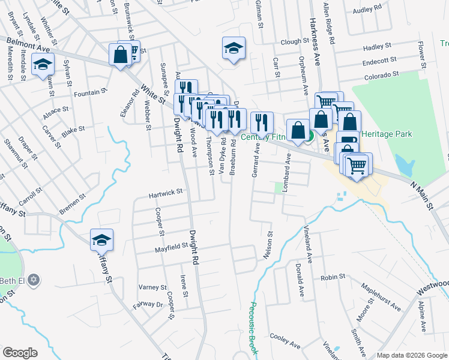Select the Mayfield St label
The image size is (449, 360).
172,247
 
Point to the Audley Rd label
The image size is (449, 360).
368,10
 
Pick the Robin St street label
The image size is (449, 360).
333,277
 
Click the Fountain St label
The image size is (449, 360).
90,93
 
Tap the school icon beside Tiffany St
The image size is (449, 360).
102,240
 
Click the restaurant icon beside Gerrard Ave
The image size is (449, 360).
262,123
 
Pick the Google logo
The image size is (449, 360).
20,352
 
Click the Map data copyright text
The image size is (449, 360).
411,355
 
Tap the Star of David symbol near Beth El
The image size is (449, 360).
34,280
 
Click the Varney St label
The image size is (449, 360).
152,287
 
